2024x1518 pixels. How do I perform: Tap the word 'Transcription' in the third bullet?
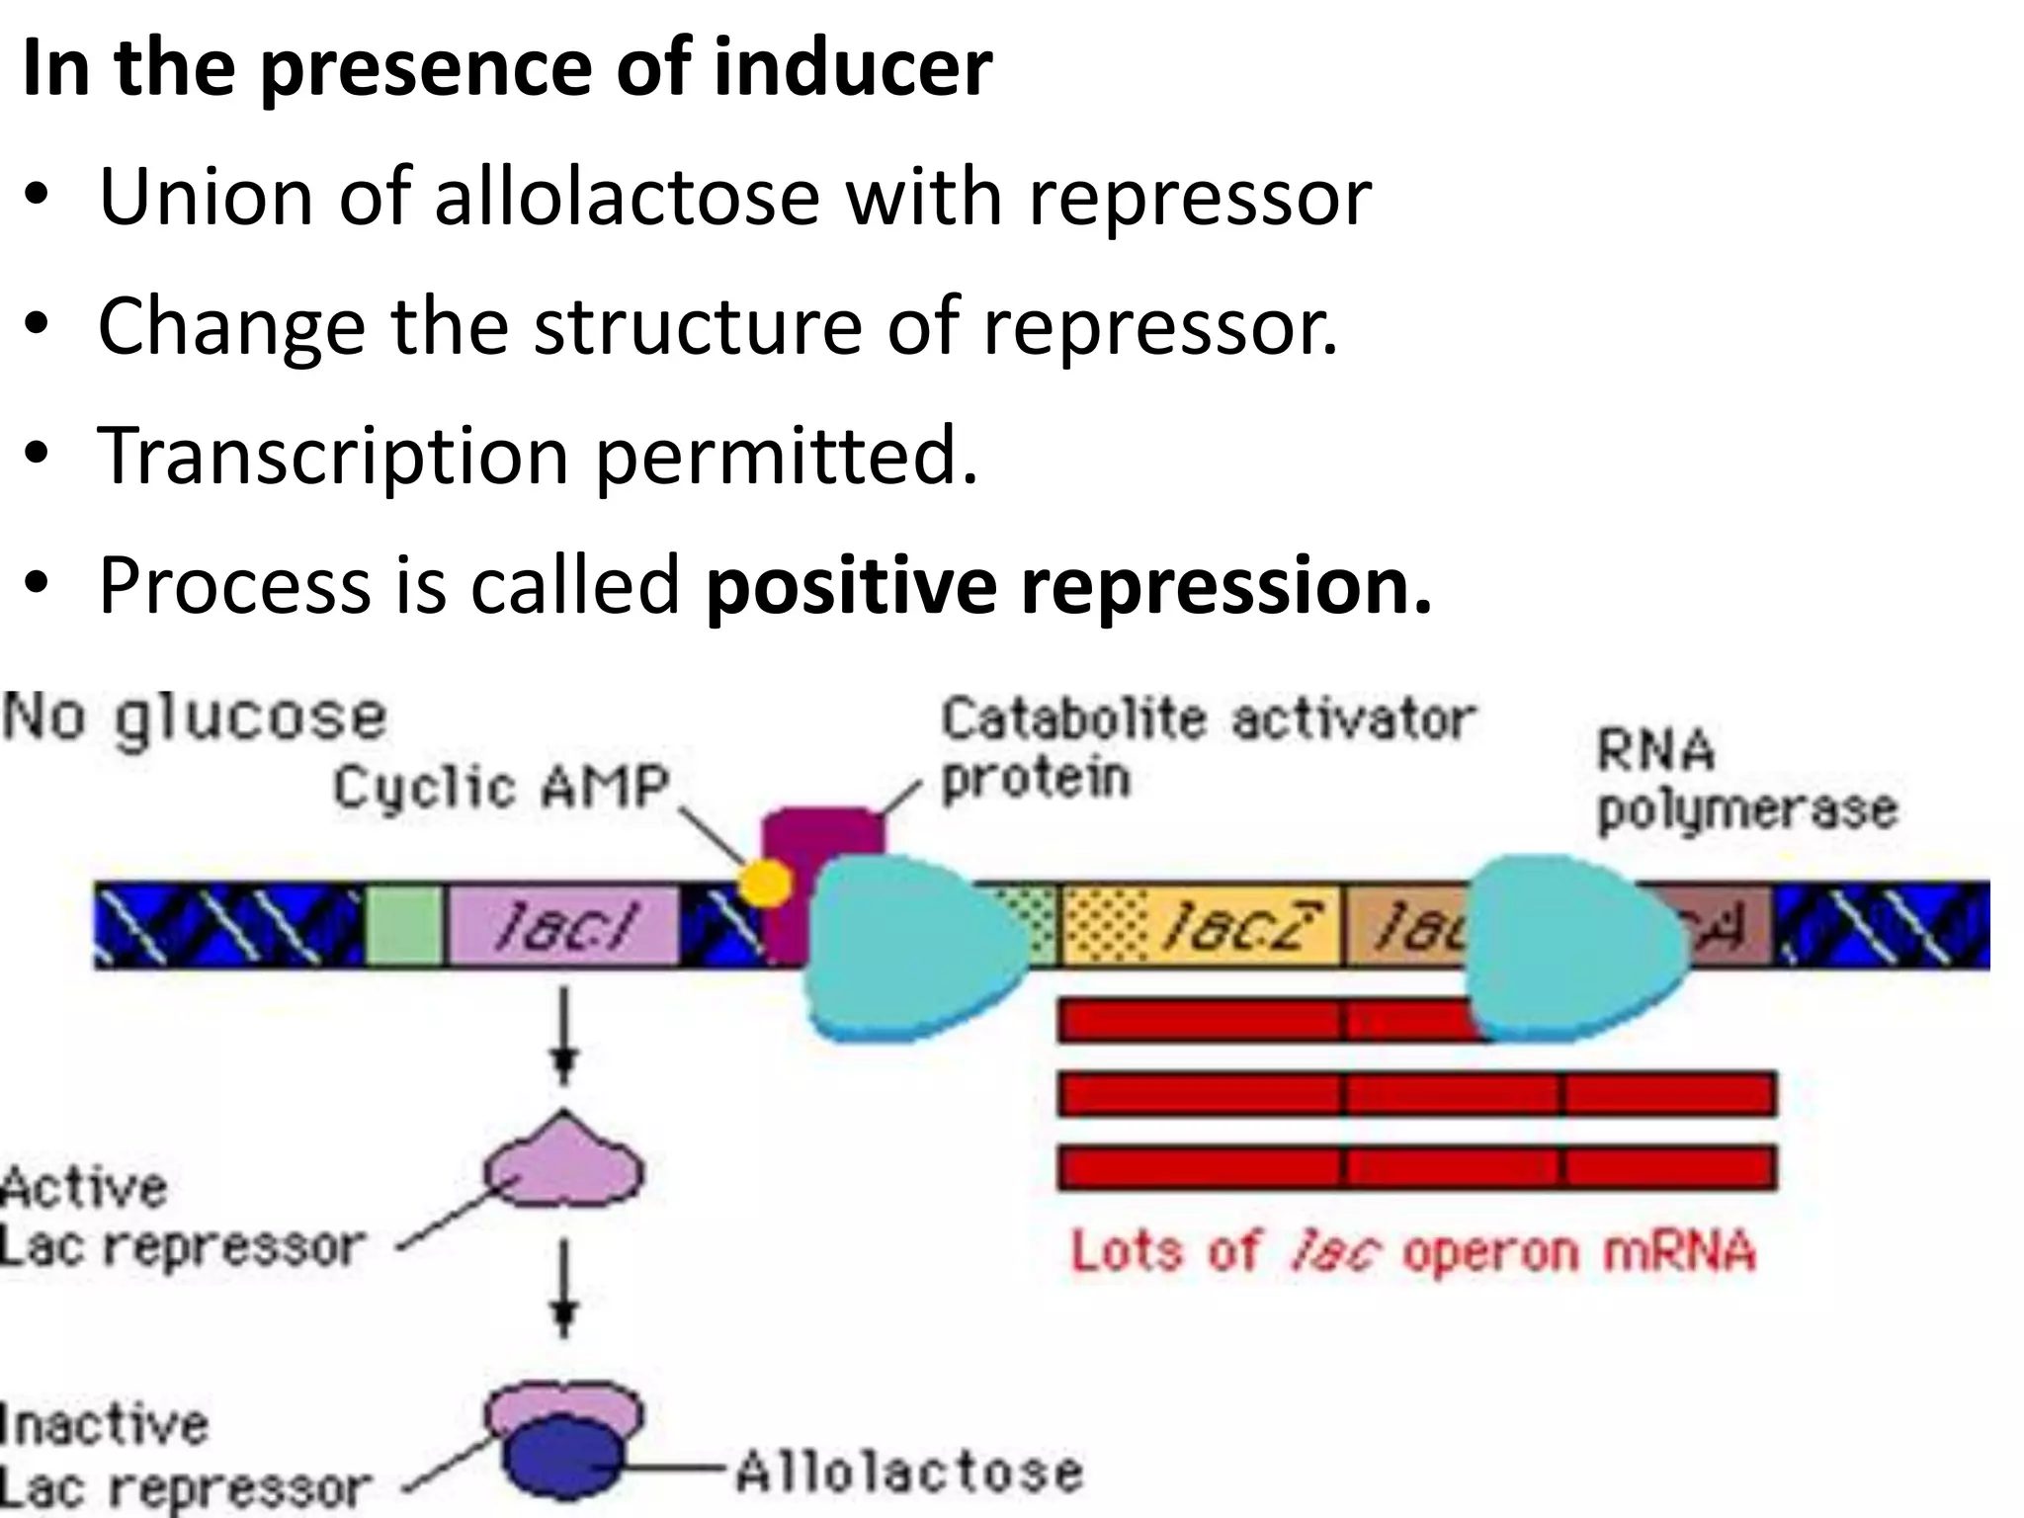point(332,456)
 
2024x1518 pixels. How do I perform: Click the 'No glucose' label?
point(195,719)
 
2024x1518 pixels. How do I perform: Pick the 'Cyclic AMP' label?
point(501,788)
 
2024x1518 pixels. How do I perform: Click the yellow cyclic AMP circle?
point(766,883)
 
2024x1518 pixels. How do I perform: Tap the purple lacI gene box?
point(563,925)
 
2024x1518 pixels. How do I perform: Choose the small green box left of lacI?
point(404,925)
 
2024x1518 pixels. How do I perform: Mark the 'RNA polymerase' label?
point(1745,781)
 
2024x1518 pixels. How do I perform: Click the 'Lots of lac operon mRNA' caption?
point(1413,1252)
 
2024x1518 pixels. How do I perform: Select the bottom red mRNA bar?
point(1415,1167)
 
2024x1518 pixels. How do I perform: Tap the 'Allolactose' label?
point(909,1472)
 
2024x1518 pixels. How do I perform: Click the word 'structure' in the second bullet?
point(698,326)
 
